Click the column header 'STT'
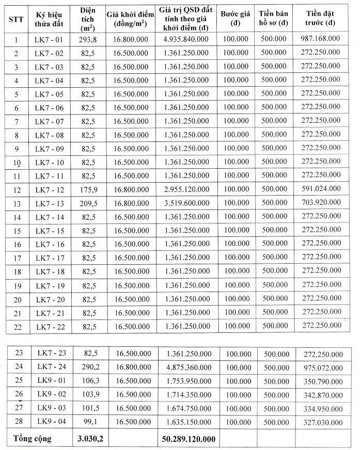pyautogui.click(x=15, y=19)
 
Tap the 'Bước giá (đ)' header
pyautogui.click(x=236, y=19)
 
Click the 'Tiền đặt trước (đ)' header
pyautogui.click(x=320, y=19)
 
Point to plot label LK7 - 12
pyautogui.click(x=50, y=188)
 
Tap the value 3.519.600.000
pyautogui.click(x=184, y=202)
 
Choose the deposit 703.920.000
pyautogui.click(x=320, y=202)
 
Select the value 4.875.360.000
pyautogui.click(x=189, y=367)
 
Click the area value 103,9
pyautogui.click(x=90, y=394)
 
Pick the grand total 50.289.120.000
pyautogui.click(x=187, y=439)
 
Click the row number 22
pyautogui.click(x=17, y=326)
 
